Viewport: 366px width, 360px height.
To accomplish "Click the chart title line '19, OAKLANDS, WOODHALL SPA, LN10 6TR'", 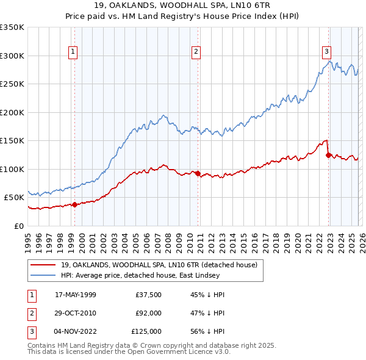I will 182,5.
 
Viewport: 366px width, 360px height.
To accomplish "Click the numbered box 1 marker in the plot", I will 73,52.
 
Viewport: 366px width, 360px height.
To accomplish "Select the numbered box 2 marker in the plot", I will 196,52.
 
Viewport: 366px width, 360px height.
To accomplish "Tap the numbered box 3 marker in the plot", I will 326,52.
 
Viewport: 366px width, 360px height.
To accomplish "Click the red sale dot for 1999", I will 74,204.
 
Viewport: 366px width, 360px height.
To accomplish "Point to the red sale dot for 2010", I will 198,173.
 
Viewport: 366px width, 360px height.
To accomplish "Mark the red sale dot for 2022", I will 328,155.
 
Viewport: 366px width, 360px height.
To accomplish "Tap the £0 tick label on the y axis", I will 20,226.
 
